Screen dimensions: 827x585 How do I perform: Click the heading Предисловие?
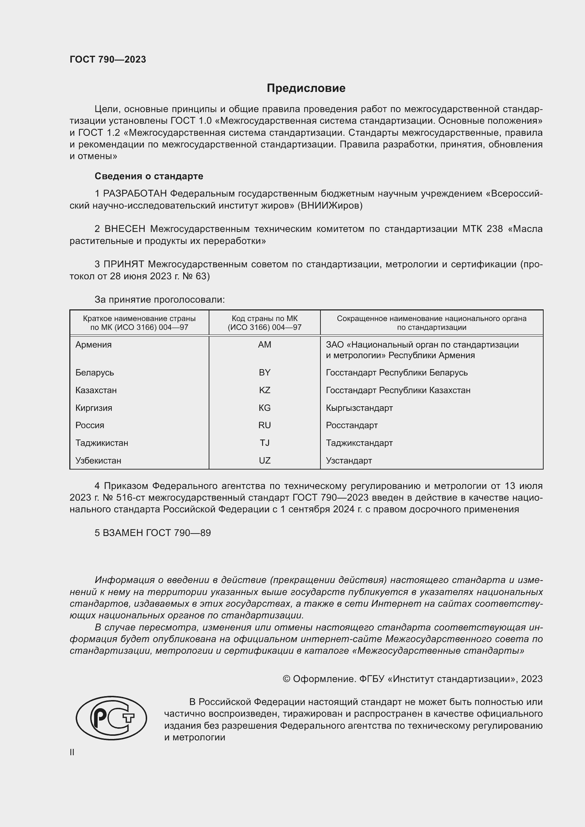[x=306, y=88]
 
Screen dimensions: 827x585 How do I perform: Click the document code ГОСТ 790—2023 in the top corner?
[x=108, y=59]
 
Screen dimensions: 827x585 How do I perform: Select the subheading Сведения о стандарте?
[x=149, y=176]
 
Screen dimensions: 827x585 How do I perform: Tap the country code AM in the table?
[x=265, y=345]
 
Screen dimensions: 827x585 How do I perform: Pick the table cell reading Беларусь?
[x=95, y=372]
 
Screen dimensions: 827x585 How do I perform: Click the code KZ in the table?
[x=265, y=390]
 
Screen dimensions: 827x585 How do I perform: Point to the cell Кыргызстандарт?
[x=359, y=408]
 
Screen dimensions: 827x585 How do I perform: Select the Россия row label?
[x=90, y=425]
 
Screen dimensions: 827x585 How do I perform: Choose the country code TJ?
[x=265, y=443]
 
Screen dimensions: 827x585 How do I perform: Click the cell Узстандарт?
[x=349, y=461]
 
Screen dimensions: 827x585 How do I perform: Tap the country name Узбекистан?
[x=98, y=461]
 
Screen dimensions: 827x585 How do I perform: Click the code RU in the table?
[x=265, y=425]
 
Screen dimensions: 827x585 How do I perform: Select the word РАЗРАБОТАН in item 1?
[x=135, y=194]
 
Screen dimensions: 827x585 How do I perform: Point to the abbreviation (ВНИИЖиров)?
[x=330, y=206]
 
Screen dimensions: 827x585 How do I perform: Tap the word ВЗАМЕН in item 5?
[x=123, y=533]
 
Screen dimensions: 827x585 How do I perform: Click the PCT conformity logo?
[x=111, y=718]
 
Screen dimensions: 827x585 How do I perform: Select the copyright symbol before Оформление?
[x=286, y=679]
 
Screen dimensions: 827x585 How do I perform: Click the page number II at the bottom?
[x=72, y=752]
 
